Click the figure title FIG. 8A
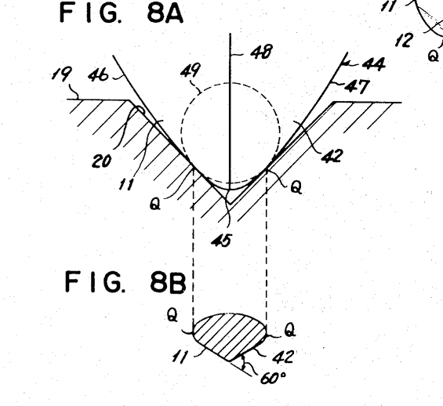click(122, 13)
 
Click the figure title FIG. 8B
click(126, 281)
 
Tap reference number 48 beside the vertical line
click(262, 52)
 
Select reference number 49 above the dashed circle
click(191, 70)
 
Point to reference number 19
click(60, 74)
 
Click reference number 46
click(98, 75)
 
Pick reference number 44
click(373, 64)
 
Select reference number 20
click(102, 161)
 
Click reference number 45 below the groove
click(222, 241)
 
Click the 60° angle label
click(273, 378)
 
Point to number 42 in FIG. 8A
click(332, 155)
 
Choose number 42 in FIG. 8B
click(283, 357)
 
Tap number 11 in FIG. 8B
click(180, 357)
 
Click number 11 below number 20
click(126, 184)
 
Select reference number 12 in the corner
click(404, 40)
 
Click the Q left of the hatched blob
click(172, 314)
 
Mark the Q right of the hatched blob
click(290, 329)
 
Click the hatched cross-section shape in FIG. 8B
click(230, 336)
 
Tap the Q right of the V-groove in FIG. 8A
click(296, 187)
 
